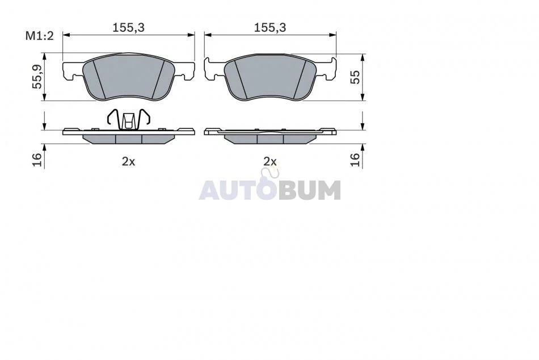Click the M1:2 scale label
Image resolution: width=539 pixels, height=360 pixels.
(x=40, y=35)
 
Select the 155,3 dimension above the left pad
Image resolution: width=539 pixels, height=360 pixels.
(x=129, y=27)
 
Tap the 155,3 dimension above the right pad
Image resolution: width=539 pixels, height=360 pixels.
(x=270, y=27)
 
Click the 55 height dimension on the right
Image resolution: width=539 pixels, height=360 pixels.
(x=355, y=77)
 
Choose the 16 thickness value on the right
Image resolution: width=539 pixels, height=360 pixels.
(x=355, y=160)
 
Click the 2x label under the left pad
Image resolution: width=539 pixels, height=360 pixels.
(x=129, y=161)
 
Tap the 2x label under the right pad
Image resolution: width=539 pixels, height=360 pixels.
(x=270, y=161)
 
